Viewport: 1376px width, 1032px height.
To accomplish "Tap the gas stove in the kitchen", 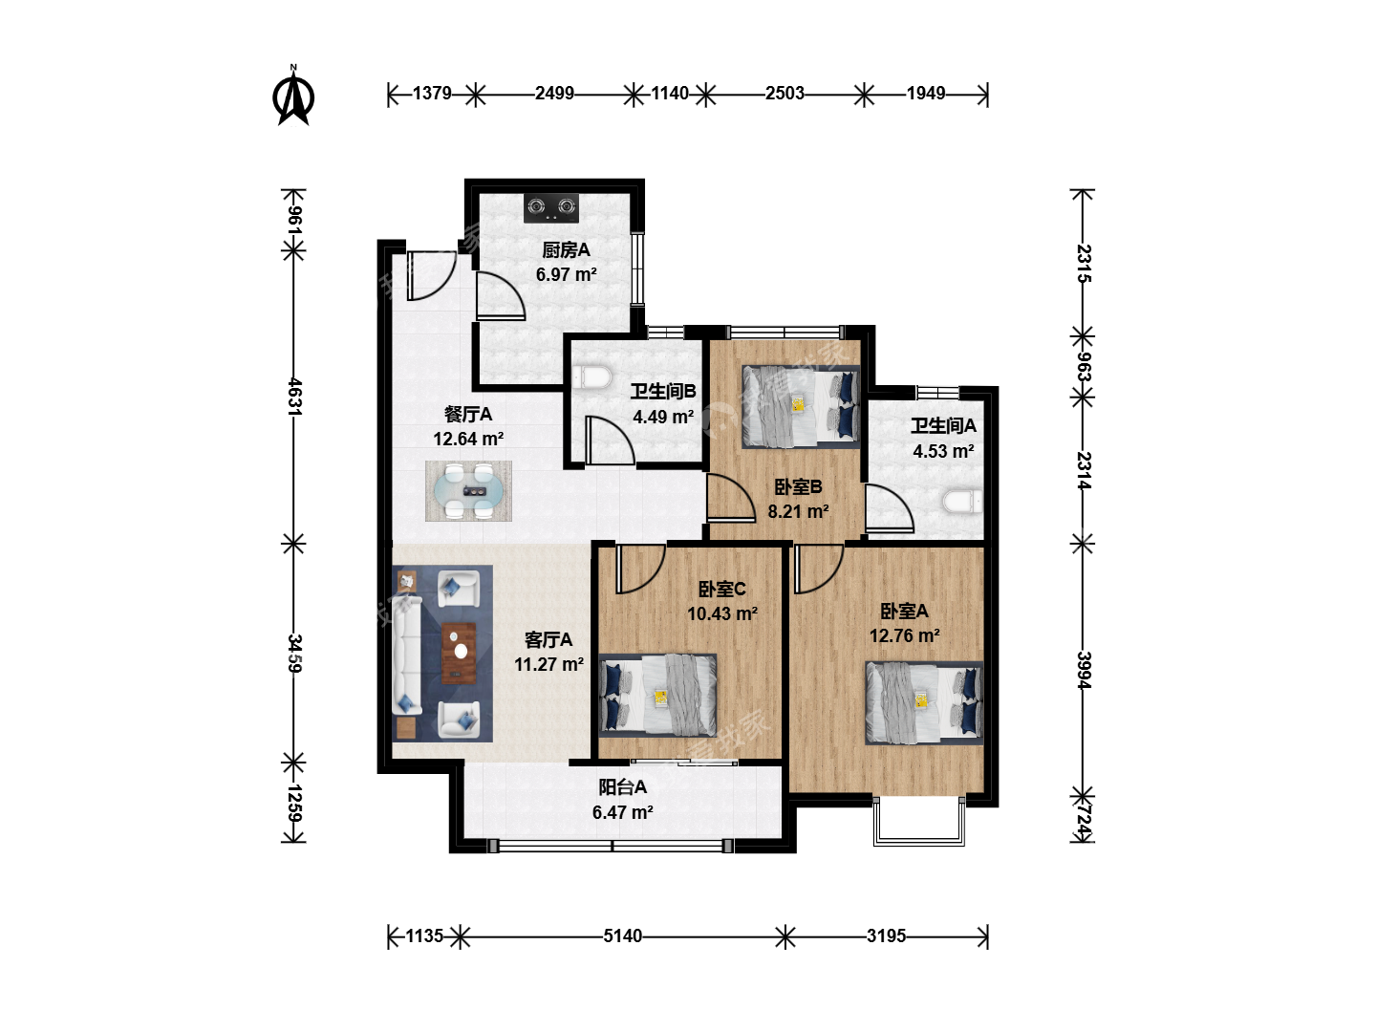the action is [x=551, y=207].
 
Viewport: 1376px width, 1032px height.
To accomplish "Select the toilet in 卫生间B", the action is [x=591, y=377].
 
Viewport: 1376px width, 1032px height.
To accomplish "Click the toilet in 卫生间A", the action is [x=962, y=503].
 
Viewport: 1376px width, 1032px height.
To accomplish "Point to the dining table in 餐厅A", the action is [x=469, y=491].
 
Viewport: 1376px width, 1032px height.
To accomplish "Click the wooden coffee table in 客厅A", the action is [x=459, y=653].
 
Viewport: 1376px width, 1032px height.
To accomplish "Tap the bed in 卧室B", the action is [x=800, y=407].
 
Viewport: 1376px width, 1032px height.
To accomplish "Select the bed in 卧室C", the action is [x=657, y=695].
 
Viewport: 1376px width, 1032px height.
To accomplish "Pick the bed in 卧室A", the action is [x=924, y=702].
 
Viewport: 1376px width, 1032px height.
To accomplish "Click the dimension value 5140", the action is [x=622, y=936].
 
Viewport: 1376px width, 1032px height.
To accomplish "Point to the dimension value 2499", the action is [x=554, y=94].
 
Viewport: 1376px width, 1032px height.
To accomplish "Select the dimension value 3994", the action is [x=1084, y=671].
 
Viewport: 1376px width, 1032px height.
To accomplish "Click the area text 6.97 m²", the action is [x=566, y=274].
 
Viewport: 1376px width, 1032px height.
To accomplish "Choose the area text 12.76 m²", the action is [x=904, y=636].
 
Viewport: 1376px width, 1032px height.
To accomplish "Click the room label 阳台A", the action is [x=622, y=787].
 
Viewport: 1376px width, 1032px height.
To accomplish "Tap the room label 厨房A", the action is [x=566, y=250].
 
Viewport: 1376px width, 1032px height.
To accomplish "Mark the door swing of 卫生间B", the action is [x=610, y=441].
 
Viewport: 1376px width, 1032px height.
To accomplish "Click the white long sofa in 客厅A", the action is [x=407, y=655].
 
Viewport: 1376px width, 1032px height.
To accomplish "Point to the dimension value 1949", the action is [x=926, y=94].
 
